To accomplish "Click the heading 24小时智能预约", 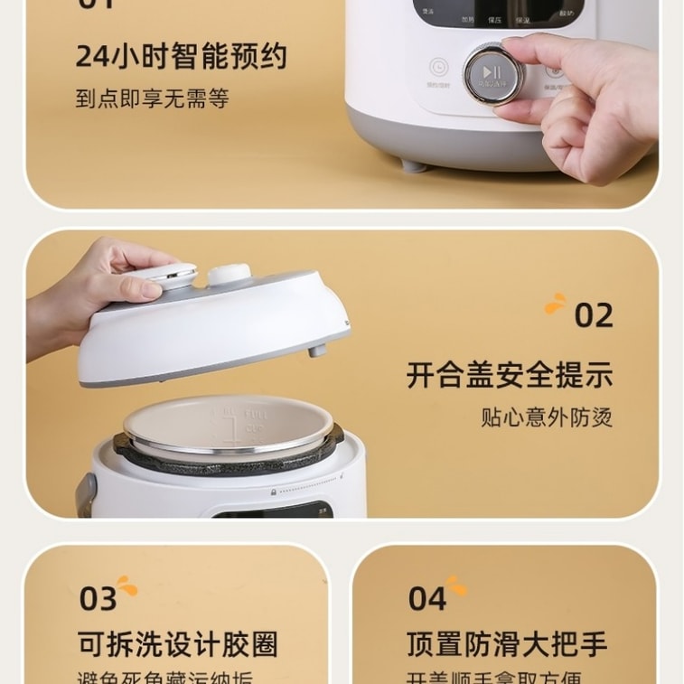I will point(181,56).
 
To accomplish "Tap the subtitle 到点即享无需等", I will point(152,98).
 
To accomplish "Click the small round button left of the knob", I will point(438,68).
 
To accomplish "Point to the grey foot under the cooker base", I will point(412,164).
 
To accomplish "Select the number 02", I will point(594,316).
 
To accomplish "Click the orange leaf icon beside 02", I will point(556,305).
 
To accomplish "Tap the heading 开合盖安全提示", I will point(509,374).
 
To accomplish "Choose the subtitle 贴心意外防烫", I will point(546,417).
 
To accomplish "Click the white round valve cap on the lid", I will point(230,275).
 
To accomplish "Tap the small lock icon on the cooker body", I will point(274,492).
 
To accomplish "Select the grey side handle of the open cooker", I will point(86,493).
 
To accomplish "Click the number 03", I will point(98,599).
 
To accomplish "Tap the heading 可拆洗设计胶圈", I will point(178,644).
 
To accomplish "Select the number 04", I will point(427,599).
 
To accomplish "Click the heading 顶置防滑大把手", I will point(506,644).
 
